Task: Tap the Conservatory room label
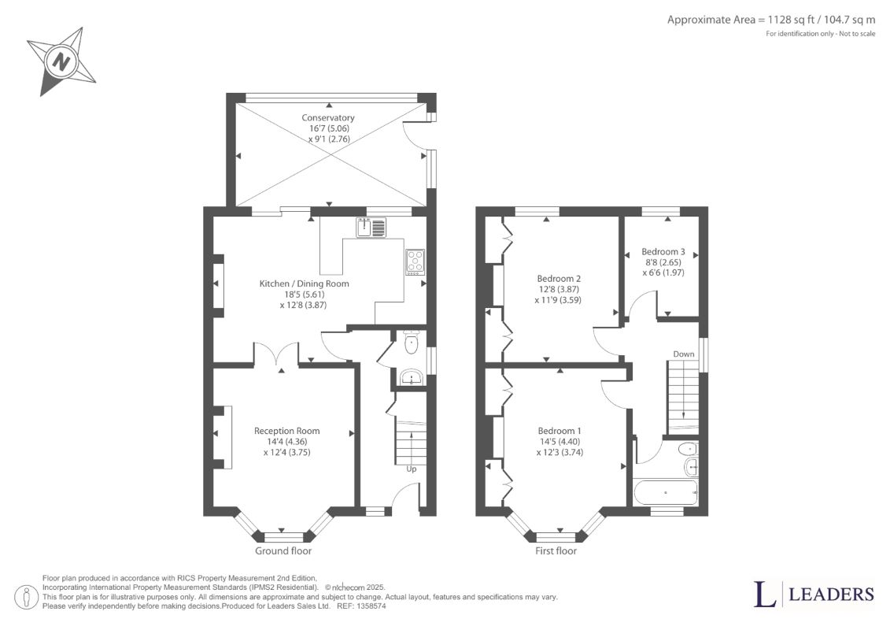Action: click(328, 117)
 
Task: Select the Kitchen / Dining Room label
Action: click(305, 283)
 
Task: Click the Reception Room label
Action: click(286, 431)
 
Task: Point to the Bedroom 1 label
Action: click(559, 431)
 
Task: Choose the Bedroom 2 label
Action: click(559, 278)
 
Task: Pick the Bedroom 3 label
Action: click(663, 251)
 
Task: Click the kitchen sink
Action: click(371, 228)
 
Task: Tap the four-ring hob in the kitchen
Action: click(415, 262)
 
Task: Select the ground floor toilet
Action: click(411, 342)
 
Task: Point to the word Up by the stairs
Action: click(412, 469)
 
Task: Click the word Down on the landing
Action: click(683, 354)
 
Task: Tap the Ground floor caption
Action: click(283, 550)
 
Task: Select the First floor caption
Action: click(556, 550)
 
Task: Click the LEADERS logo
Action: click(814, 595)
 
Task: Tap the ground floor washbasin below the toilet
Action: click(411, 376)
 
